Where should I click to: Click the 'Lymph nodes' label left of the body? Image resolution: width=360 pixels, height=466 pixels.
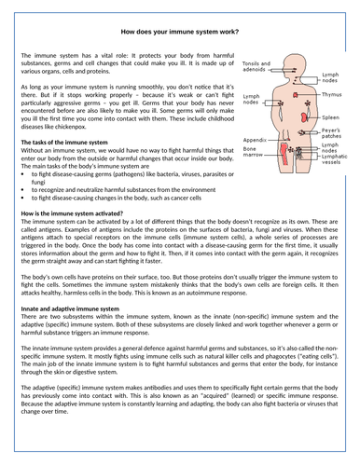[x=254, y=100]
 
